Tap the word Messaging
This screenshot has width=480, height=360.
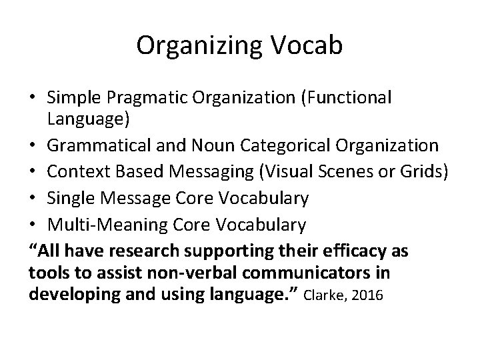(x=199, y=169)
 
